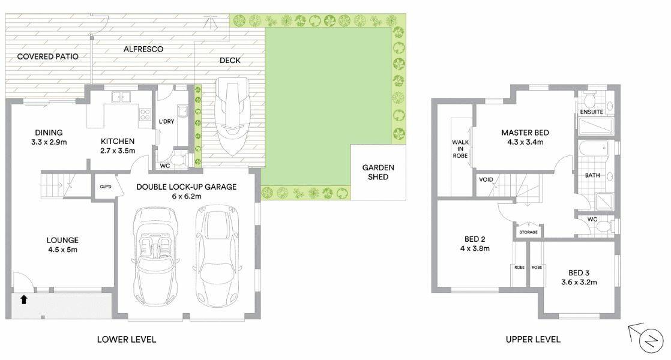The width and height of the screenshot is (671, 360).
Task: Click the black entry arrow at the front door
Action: click(x=24, y=299)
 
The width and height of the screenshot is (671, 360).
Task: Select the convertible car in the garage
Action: click(x=156, y=255)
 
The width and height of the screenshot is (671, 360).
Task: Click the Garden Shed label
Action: click(x=378, y=172)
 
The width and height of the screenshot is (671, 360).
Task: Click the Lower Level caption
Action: click(x=127, y=340)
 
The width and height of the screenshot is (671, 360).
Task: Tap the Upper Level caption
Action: click(x=533, y=340)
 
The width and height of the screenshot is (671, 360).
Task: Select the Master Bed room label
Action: click(x=525, y=133)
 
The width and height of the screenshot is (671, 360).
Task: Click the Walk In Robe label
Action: click(x=460, y=149)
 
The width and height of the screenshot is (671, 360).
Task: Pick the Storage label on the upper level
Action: click(x=529, y=232)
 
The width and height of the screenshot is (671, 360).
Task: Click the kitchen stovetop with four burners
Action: click(x=145, y=114)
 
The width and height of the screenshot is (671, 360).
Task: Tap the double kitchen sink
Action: click(x=121, y=97)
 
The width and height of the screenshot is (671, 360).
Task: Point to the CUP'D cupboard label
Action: click(x=105, y=187)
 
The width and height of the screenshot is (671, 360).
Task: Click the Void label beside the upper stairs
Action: click(x=486, y=179)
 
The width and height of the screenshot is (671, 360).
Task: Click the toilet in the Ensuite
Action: click(x=590, y=101)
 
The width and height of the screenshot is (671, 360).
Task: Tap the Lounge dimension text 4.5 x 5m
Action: click(x=63, y=250)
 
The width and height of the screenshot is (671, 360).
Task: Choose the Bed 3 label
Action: click(x=579, y=273)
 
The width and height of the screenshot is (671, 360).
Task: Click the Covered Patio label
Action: click(x=48, y=56)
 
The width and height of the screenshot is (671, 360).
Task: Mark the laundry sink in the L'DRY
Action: click(x=183, y=112)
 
